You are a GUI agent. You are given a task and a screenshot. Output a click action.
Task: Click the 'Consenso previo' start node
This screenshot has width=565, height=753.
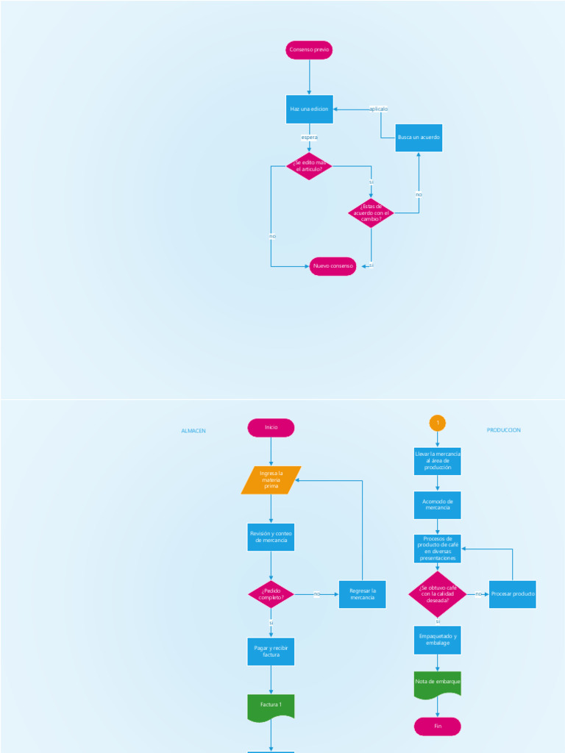click(309, 50)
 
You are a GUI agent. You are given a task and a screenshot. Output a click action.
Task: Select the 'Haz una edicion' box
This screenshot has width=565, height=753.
click(309, 109)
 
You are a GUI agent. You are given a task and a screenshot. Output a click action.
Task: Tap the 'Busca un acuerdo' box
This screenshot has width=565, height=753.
click(419, 138)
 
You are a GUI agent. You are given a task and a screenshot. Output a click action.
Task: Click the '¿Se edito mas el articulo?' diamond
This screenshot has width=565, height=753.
click(309, 166)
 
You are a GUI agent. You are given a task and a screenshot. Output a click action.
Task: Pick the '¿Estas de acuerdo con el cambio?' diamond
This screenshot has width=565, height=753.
click(371, 213)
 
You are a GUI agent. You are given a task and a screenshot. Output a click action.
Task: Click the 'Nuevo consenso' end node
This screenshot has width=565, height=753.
click(333, 265)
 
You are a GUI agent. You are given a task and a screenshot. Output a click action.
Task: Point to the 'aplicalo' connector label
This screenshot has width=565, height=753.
click(378, 109)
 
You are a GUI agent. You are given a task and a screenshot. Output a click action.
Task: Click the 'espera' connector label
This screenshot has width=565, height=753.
click(309, 138)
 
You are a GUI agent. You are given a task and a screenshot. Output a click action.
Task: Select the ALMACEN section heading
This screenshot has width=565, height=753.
click(193, 431)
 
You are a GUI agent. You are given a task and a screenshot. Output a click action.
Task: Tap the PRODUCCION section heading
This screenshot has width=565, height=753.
click(503, 430)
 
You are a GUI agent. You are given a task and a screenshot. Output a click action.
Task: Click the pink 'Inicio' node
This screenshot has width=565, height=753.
click(271, 427)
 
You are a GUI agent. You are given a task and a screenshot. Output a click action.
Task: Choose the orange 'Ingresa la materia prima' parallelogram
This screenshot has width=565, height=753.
click(271, 480)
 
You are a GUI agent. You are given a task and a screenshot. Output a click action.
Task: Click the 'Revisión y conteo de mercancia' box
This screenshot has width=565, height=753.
click(271, 537)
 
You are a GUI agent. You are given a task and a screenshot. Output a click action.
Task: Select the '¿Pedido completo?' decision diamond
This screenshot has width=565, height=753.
click(271, 594)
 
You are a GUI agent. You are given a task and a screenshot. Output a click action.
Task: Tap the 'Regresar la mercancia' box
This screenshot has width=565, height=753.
click(362, 594)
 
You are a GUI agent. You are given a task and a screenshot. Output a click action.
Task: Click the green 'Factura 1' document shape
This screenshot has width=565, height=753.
click(271, 706)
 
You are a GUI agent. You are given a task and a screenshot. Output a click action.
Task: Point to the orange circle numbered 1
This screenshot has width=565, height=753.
click(437, 423)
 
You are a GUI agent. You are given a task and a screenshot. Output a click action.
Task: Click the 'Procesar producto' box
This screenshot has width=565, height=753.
click(512, 594)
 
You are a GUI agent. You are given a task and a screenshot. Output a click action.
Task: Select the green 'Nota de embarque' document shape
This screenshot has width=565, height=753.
click(437, 683)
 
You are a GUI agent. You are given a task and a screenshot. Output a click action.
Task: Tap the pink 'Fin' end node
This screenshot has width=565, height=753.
click(437, 727)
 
